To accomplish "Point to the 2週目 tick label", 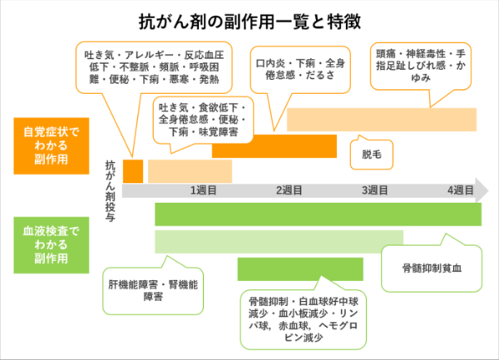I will [289, 190].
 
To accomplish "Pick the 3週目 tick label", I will [375, 190].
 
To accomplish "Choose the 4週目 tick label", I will [460, 190].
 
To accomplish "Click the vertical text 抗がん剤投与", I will [111, 188].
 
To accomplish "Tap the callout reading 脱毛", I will [371, 154].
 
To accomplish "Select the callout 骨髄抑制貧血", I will [431, 269].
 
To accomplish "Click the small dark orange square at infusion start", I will [133, 170].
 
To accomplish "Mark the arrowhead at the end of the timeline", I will [482, 190].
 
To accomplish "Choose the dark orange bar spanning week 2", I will [274, 145].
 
